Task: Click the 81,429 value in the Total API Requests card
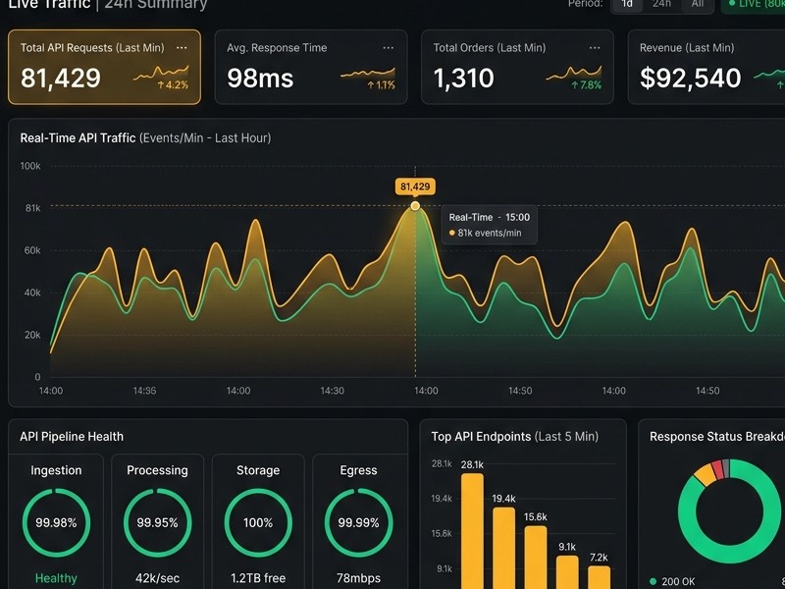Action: tap(61, 79)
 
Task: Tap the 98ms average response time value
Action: tap(260, 79)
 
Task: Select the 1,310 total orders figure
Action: tap(463, 79)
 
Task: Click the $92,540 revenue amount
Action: tap(691, 79)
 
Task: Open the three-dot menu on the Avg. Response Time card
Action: tap(388, 48)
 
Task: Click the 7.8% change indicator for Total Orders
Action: tap(586, 85)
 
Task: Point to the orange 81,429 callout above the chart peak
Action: tap(415, 187)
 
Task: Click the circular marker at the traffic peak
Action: tap(415, 206)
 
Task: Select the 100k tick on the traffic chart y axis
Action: tap(30, 166)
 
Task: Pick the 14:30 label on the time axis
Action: tap(332, 391)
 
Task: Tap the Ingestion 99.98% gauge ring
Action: tap(56, 490)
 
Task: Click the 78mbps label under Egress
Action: tap(358, 578)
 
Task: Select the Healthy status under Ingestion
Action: tap(56, 578)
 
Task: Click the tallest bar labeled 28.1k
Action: tap(472, 531)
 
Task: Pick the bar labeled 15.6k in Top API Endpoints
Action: tap(536, 557)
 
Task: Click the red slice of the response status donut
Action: tap(718, 470)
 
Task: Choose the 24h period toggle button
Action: tap(661, 5)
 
